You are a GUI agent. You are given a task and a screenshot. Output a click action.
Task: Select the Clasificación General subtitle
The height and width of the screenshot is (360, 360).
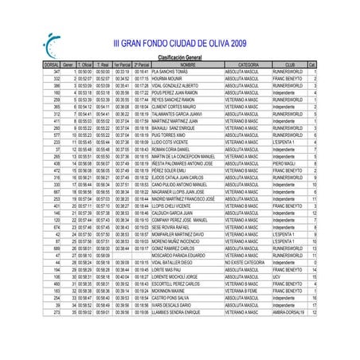point(179,57)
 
